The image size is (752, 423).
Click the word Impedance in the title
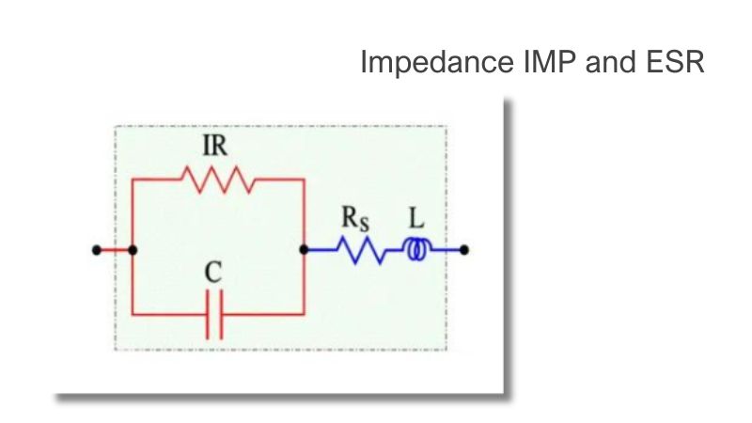(436, 62)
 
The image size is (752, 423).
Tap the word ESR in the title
(675, 62)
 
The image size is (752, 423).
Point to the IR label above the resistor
(214, 146)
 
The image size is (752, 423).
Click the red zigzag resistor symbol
(218, 180)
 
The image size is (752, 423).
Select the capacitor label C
(213, 273)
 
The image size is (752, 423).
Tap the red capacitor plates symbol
(214, 315)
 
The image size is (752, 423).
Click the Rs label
(355, 219)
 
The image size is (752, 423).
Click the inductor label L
(416, 218)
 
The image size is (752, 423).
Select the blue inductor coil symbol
(417, 250)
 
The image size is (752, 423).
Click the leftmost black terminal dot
(97, 250)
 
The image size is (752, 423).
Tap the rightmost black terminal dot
(463, 250)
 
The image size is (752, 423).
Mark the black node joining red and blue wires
(304, 250)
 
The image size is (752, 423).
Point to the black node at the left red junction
(133, 250)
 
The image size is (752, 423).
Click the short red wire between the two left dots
(115, 250)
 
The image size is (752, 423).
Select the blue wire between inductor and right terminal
(445, 250)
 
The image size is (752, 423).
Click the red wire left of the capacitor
(169, 315)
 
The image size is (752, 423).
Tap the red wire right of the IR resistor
(279, 180)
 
